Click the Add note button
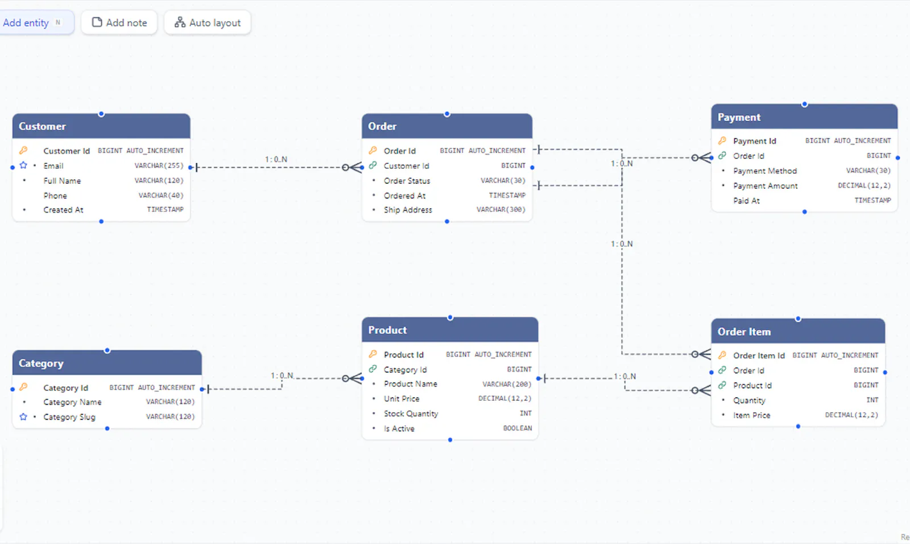tap(119, 23)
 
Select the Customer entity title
tap(42, 126)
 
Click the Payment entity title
tap(739, 117)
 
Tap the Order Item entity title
tap(744, 331)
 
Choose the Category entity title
tap(41, 363)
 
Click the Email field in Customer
tap(53, 165)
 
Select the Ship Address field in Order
tap(408, 210)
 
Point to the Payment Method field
tap(765, 171)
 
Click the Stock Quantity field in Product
tap(411, 414)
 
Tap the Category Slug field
tap(69, 417)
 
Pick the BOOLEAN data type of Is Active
tap(517, 428)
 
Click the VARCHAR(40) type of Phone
tap(161, 196)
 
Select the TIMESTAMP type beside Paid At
tap(872, 201)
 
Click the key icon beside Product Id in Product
tap(373, 354)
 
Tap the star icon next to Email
tap(23, 165)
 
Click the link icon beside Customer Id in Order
tap(373, 165)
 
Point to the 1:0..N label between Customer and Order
tap(276, 159)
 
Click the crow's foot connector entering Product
tap(352, 379)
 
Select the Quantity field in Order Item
tap(749, 401)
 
